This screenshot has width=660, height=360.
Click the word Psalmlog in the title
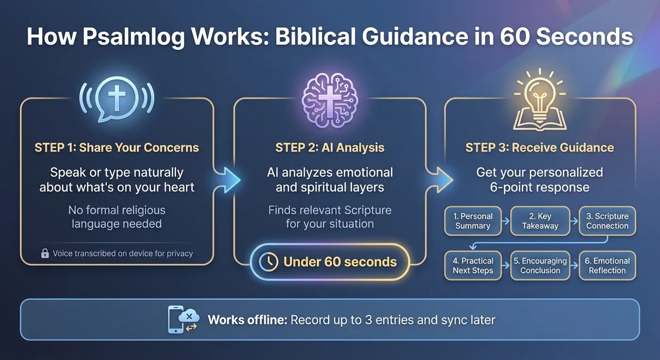point(133,37)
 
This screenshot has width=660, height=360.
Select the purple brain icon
point(330,100)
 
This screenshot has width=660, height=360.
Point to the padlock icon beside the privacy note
point(45,253)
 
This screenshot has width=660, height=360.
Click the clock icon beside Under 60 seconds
point(268,262)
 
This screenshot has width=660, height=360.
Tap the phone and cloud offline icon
point(183,319)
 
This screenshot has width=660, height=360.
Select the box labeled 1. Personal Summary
point(473,221)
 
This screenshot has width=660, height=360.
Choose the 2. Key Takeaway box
point(540,221)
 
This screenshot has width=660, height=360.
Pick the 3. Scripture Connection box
point(607,221)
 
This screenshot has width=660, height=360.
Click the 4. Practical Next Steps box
point(473,265)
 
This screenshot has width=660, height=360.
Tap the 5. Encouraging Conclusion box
point(540,265)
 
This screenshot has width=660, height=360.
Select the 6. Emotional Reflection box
point(607,265)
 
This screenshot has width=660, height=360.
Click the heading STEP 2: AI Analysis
point(330,147)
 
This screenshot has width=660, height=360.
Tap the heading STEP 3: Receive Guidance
point(539,147)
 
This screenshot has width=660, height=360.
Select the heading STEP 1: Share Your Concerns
point(117,147)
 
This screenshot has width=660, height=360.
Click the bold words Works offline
point(247,320)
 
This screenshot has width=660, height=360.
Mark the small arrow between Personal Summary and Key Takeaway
point(505,221)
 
